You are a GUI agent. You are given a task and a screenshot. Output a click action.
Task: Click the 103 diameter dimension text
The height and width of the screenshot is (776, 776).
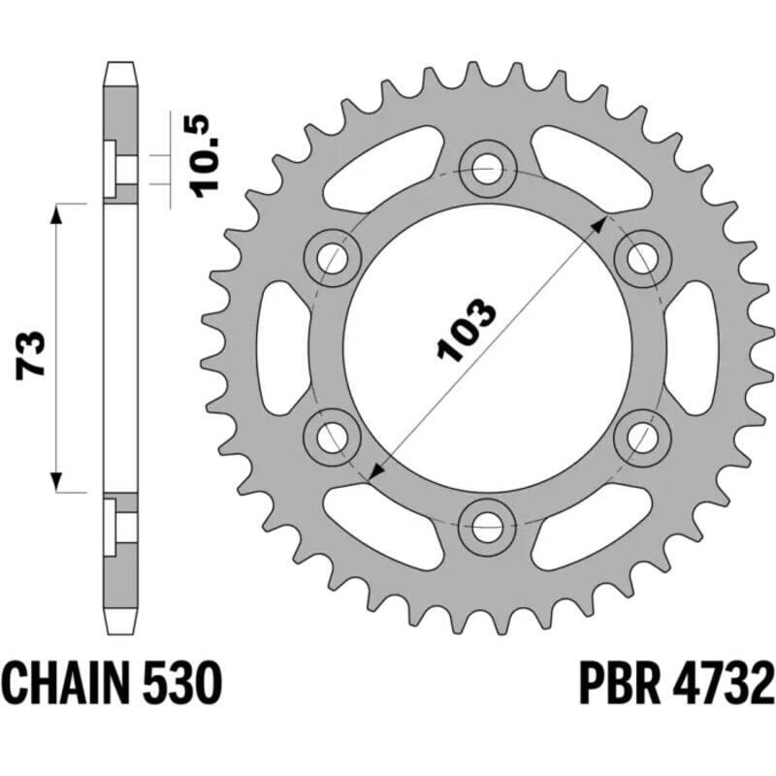point(468,332)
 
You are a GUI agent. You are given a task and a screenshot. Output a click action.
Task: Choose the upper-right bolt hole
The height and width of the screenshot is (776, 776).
point(640,259)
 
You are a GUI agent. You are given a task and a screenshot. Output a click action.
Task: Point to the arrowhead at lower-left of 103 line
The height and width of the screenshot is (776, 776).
point(375,471)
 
